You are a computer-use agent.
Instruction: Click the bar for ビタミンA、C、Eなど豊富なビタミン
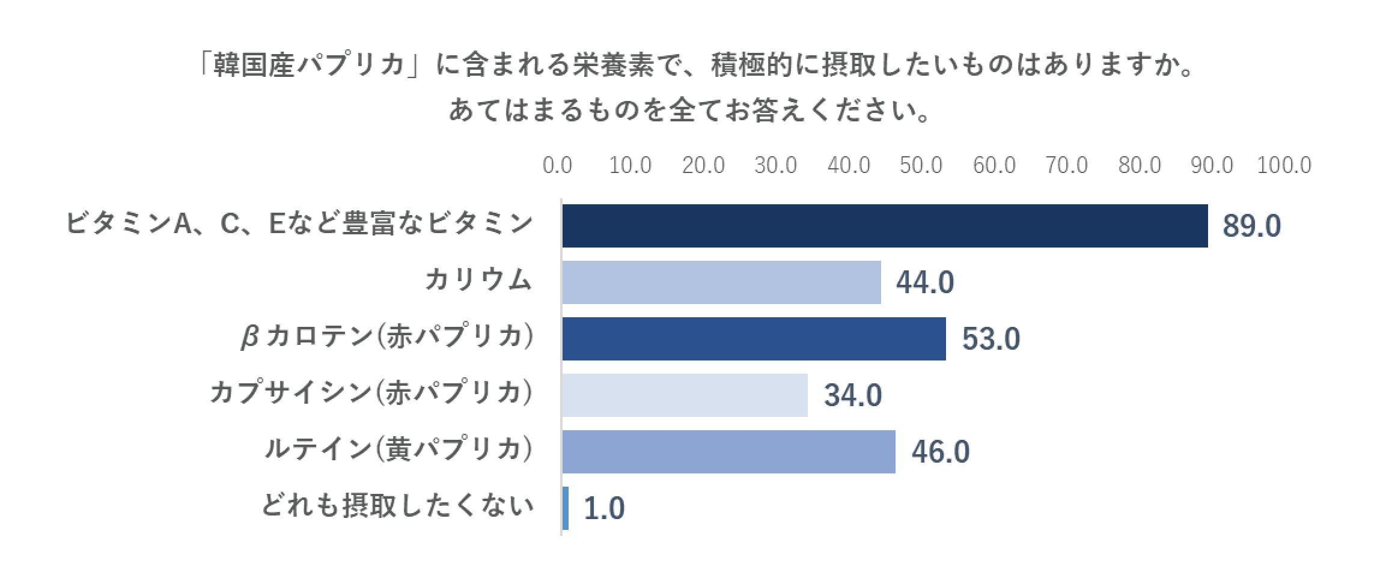(x=885, y=226)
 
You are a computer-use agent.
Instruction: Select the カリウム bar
(x=721, y=282)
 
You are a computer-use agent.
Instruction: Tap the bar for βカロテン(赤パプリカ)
(x=754, y=339)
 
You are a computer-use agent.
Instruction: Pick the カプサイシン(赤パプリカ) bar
(x=685, y=395)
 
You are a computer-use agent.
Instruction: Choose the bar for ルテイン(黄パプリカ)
(x=728, y=452)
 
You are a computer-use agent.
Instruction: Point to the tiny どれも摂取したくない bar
(x=566, y=508)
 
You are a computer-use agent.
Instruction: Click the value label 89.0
(x=1251, y=227)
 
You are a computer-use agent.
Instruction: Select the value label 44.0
(x=924, y=283)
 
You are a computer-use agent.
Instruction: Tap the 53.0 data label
(x=991, y=339)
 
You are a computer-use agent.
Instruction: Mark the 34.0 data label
(x=852, y=396)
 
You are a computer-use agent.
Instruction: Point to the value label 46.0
(x=940, y=452)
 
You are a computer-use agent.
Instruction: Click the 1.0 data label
(x=604, y=509)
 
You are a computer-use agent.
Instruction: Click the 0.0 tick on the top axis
(x=557, y=165)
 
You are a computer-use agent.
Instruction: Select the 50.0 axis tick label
(x=921, y=165)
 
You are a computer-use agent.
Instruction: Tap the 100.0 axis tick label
(x=1284, y=165)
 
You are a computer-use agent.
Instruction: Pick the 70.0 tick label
(x=1066, y=165)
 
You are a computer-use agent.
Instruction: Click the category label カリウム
(x=478, y=281)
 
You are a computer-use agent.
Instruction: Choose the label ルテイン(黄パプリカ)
(x=398, y=449)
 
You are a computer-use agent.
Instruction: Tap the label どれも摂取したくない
(x=397, y=506)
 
